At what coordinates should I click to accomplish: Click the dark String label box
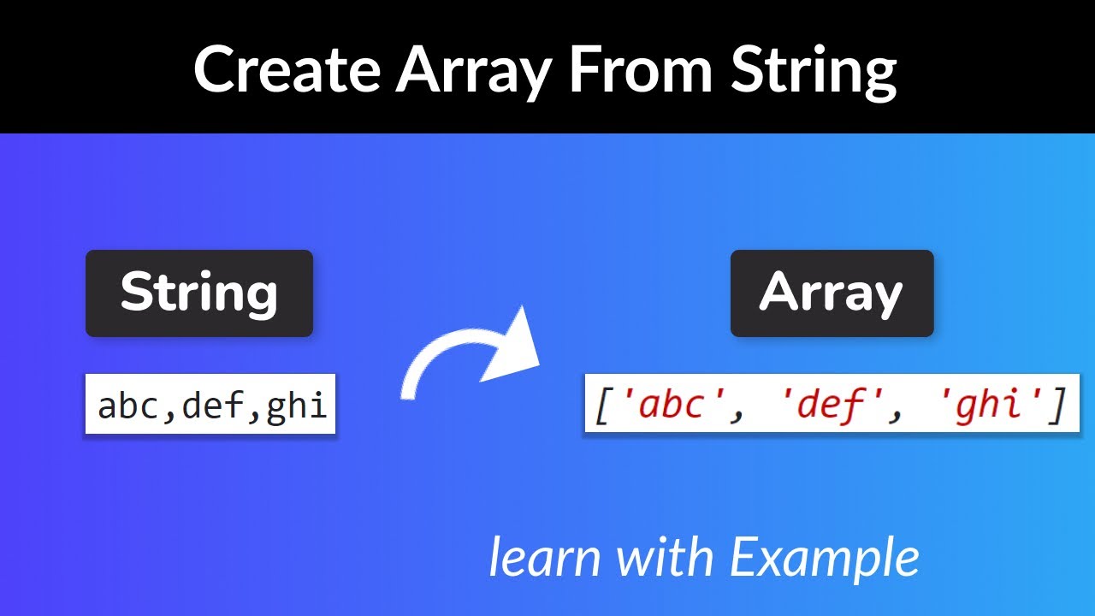[x=199, y=293]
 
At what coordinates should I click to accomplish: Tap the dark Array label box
[x=832, y=293]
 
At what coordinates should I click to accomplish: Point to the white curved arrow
[x=462, y=359]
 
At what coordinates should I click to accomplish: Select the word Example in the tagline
[x=825, y=559]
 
